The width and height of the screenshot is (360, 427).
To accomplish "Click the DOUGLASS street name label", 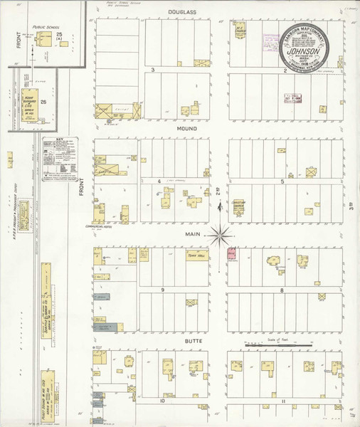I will pos(181,12).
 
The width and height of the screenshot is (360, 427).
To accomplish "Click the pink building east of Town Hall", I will pos(231,253).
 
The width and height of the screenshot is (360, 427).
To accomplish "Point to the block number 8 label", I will pos(282,290).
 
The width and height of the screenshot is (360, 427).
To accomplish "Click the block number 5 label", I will pos(282,181).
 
